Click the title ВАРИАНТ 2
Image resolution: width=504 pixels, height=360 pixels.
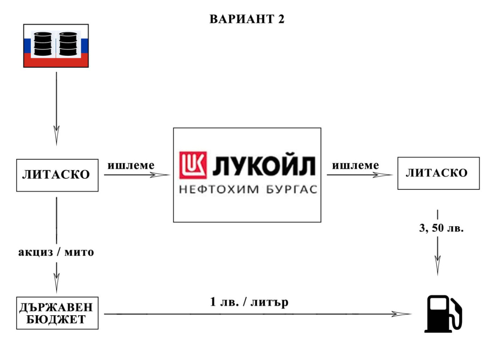point(247,19)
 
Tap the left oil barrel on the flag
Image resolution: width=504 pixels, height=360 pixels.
point(43,44)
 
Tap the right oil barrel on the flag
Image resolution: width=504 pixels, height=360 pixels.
point(68,44)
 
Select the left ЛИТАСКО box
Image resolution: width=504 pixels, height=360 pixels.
point(57,175)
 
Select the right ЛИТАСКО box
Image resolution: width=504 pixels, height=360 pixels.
point(439,173)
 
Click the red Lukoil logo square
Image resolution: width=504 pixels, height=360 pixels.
point(193,165)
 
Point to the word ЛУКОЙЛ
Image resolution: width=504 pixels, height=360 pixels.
point(264,165)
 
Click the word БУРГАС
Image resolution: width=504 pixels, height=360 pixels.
point(292,189)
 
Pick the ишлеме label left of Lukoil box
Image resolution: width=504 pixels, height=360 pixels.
point(131,165)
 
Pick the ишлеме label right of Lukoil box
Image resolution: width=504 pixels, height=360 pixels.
point(356,165)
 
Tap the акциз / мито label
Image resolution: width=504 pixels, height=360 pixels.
point(56,252)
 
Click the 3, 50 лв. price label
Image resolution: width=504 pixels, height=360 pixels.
point(442,228)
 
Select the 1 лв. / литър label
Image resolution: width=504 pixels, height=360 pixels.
point(249,302)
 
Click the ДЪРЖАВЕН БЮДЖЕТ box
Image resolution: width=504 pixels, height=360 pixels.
point(57,313)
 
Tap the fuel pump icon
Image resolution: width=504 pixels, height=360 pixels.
point(443,314)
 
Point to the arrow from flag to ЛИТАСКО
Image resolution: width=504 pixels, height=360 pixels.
point(56,109)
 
